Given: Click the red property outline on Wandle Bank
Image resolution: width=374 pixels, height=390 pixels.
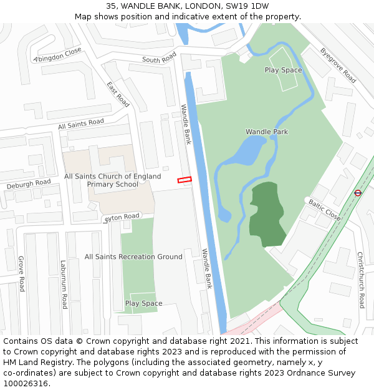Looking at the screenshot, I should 184,180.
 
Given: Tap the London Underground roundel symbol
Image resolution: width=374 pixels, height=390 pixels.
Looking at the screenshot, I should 358,193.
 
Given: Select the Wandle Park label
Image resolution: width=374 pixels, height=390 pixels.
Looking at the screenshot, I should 267,132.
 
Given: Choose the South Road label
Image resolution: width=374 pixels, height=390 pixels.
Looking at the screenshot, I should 160,59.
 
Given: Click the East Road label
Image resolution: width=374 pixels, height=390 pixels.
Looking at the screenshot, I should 118,94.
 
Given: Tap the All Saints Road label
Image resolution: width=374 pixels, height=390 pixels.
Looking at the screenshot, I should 81,124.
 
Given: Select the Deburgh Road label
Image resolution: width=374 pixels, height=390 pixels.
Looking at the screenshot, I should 29,185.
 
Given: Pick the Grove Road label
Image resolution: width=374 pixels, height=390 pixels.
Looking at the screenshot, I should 21,273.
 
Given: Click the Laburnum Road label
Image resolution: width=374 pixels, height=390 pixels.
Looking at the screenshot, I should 64,285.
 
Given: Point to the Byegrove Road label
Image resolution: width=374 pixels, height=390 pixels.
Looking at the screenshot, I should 338,65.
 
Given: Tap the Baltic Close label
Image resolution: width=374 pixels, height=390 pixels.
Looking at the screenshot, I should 324,210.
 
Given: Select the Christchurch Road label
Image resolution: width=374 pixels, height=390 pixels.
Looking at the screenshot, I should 360,280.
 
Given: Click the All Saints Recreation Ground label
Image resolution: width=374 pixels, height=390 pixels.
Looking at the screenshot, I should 133,256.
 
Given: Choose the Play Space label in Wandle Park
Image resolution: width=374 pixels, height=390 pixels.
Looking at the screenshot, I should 283,70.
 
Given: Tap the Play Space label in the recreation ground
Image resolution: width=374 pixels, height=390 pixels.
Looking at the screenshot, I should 143,303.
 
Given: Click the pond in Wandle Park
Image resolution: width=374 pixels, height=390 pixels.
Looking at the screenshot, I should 246,152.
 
